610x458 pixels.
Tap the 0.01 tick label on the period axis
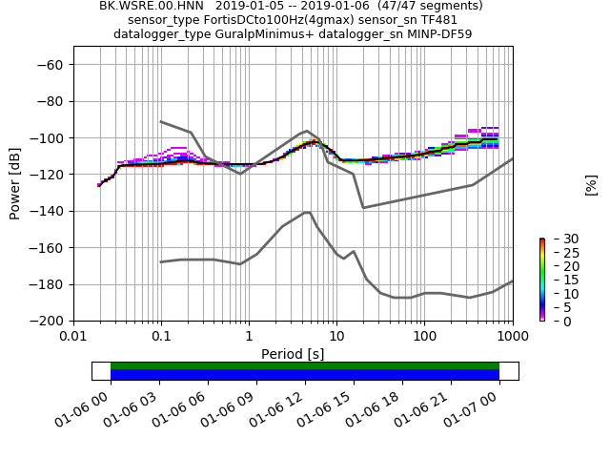click(73, 337)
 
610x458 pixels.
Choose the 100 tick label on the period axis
click(424, 337)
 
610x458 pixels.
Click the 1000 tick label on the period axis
click(512, 337)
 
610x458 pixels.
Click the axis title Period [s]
click(293, 354)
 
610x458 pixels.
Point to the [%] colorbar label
click(591, 184)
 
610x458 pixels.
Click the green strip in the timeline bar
click(305, 365)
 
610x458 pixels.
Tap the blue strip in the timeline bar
click(305, 374)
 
